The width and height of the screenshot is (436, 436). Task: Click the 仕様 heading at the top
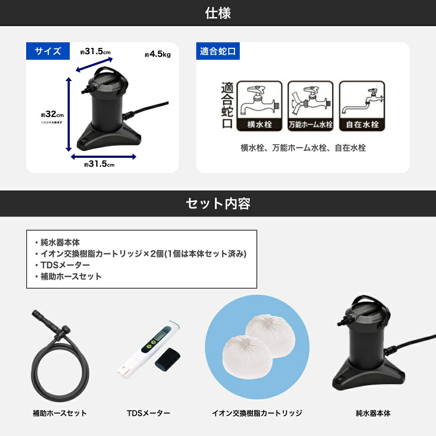coord(218,13)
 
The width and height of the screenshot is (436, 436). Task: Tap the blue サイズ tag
coord(48,51)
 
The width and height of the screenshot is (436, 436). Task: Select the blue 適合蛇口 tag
coord(218,51)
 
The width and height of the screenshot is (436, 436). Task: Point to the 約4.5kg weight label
coord(157,55)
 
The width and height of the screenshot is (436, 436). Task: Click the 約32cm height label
coord(53,115)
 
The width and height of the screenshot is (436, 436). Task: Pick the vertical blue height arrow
coord(68,114)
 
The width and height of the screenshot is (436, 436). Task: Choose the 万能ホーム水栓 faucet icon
coord(310,106)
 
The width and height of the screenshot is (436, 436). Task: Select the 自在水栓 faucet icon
coord(362,106)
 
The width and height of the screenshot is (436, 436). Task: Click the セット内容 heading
coord(218,204)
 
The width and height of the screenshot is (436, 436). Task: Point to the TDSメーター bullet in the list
coord(65,265)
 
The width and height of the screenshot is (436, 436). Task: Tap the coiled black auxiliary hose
coord(61,366)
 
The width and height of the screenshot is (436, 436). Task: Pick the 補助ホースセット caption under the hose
coord(60,413)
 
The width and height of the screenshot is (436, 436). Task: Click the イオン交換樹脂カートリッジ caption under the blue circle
coord(257,413)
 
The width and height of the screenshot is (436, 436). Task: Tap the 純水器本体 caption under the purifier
coord(373,413)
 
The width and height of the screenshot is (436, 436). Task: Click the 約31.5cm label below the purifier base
coord(99,164)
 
